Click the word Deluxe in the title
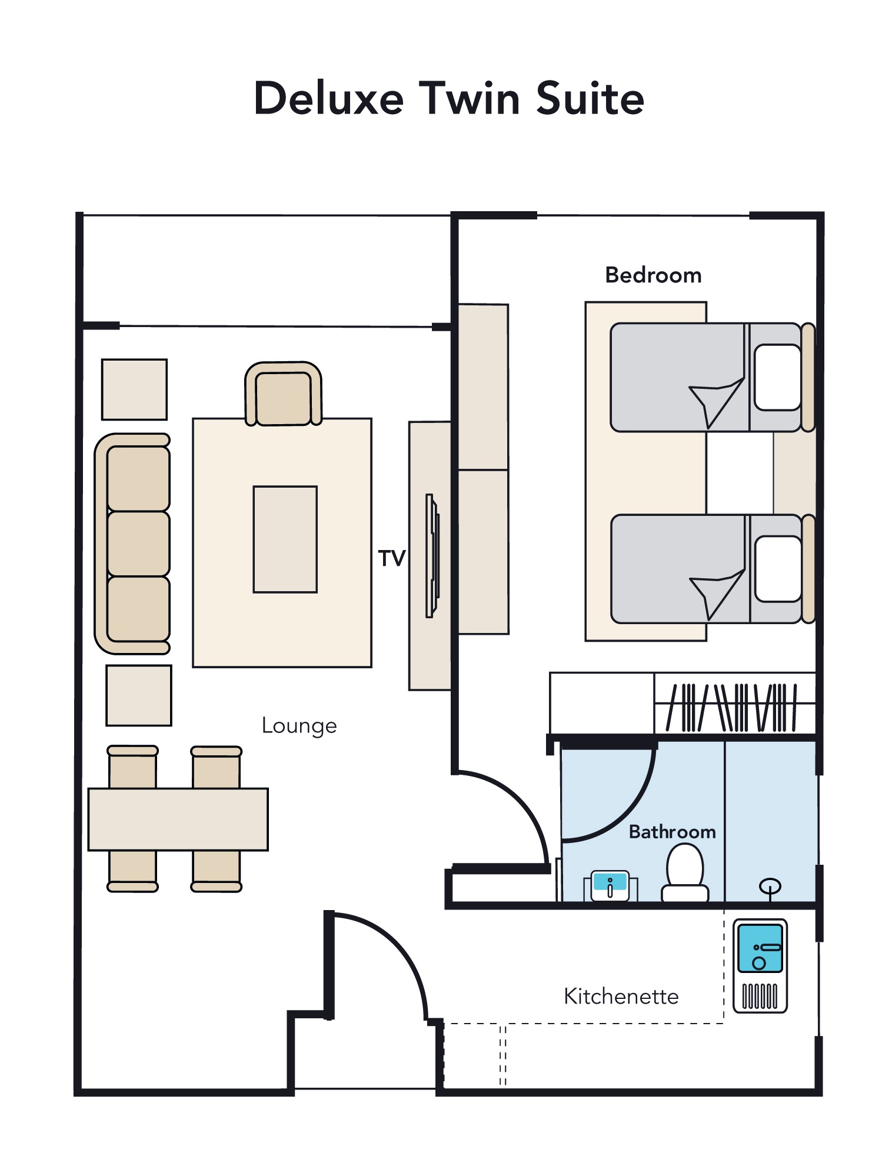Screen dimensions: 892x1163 (x=329, y=98)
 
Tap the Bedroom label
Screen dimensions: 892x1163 (x=653, y=275)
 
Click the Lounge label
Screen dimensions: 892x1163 (x=299, y=726)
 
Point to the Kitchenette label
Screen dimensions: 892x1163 (x=621, y=997)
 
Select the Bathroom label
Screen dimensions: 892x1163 (x=672, y=832)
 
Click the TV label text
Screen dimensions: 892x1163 (x=392, y=558)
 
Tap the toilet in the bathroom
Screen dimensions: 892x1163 (x=685, y=873)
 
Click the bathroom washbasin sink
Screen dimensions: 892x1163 (x=610, y=886)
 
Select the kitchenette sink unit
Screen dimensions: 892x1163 (x=760, y=966)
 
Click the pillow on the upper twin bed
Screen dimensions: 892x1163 (x=778, y=377)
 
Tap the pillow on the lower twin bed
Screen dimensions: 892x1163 (x=778, y=569)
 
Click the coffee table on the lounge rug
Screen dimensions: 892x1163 (x=285, y=539)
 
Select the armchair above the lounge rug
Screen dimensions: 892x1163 (x=283, y=394)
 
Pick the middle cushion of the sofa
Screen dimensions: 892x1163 (x=139, y=544)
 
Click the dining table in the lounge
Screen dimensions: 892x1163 (x=178, y=819)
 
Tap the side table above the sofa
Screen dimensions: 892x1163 (x=134, y=389)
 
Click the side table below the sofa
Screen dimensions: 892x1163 (x=139, y=695)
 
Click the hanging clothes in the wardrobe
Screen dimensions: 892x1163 (x=731, y=707)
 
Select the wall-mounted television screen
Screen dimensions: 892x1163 (x=432, y=556)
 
